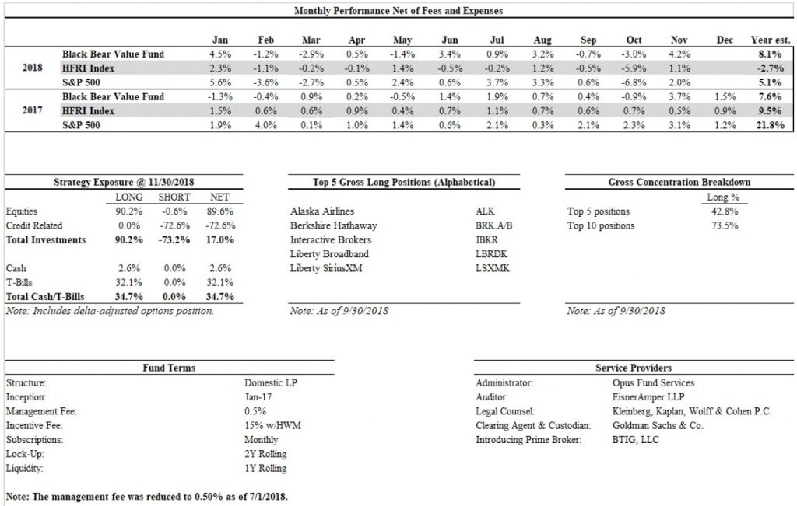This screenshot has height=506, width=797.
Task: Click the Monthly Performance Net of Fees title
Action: [x=398, y=11]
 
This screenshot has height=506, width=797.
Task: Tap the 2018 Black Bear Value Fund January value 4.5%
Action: [x=220, y=54]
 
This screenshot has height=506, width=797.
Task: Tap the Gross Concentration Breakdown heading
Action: [x=679, y=182]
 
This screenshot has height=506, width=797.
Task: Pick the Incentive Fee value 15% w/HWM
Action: [x=272, y=425]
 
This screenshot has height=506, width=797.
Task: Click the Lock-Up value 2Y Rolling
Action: [x=265, y=454]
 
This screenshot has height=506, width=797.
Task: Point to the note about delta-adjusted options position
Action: [x=109, y=311]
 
